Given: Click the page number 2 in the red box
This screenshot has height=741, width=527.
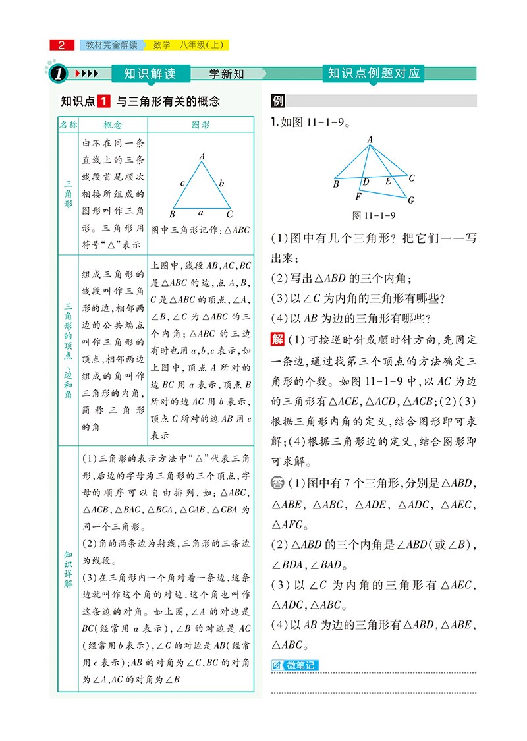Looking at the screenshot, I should point(62,45).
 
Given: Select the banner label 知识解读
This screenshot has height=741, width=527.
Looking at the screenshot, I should point(150,74).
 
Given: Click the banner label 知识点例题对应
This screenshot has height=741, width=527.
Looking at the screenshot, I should point(374,73).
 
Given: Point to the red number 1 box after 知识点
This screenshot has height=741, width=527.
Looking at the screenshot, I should point(103,102).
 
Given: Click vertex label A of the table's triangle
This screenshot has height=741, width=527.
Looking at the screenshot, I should point(202,156).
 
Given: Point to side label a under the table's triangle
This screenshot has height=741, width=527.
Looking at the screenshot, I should point(201,213).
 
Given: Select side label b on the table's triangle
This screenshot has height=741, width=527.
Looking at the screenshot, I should point(222,183).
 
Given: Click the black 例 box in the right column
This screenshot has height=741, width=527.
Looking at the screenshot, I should point(278,102).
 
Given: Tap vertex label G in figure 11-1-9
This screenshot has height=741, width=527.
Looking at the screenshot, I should point(411,200).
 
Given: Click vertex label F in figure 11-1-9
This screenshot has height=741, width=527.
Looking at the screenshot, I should point(358,196).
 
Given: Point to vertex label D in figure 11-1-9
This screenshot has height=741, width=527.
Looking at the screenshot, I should point(366,182).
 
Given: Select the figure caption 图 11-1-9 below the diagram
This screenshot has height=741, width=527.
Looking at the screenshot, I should point(374,215).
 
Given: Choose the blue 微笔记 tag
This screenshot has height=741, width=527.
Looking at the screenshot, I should point(294,665).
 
